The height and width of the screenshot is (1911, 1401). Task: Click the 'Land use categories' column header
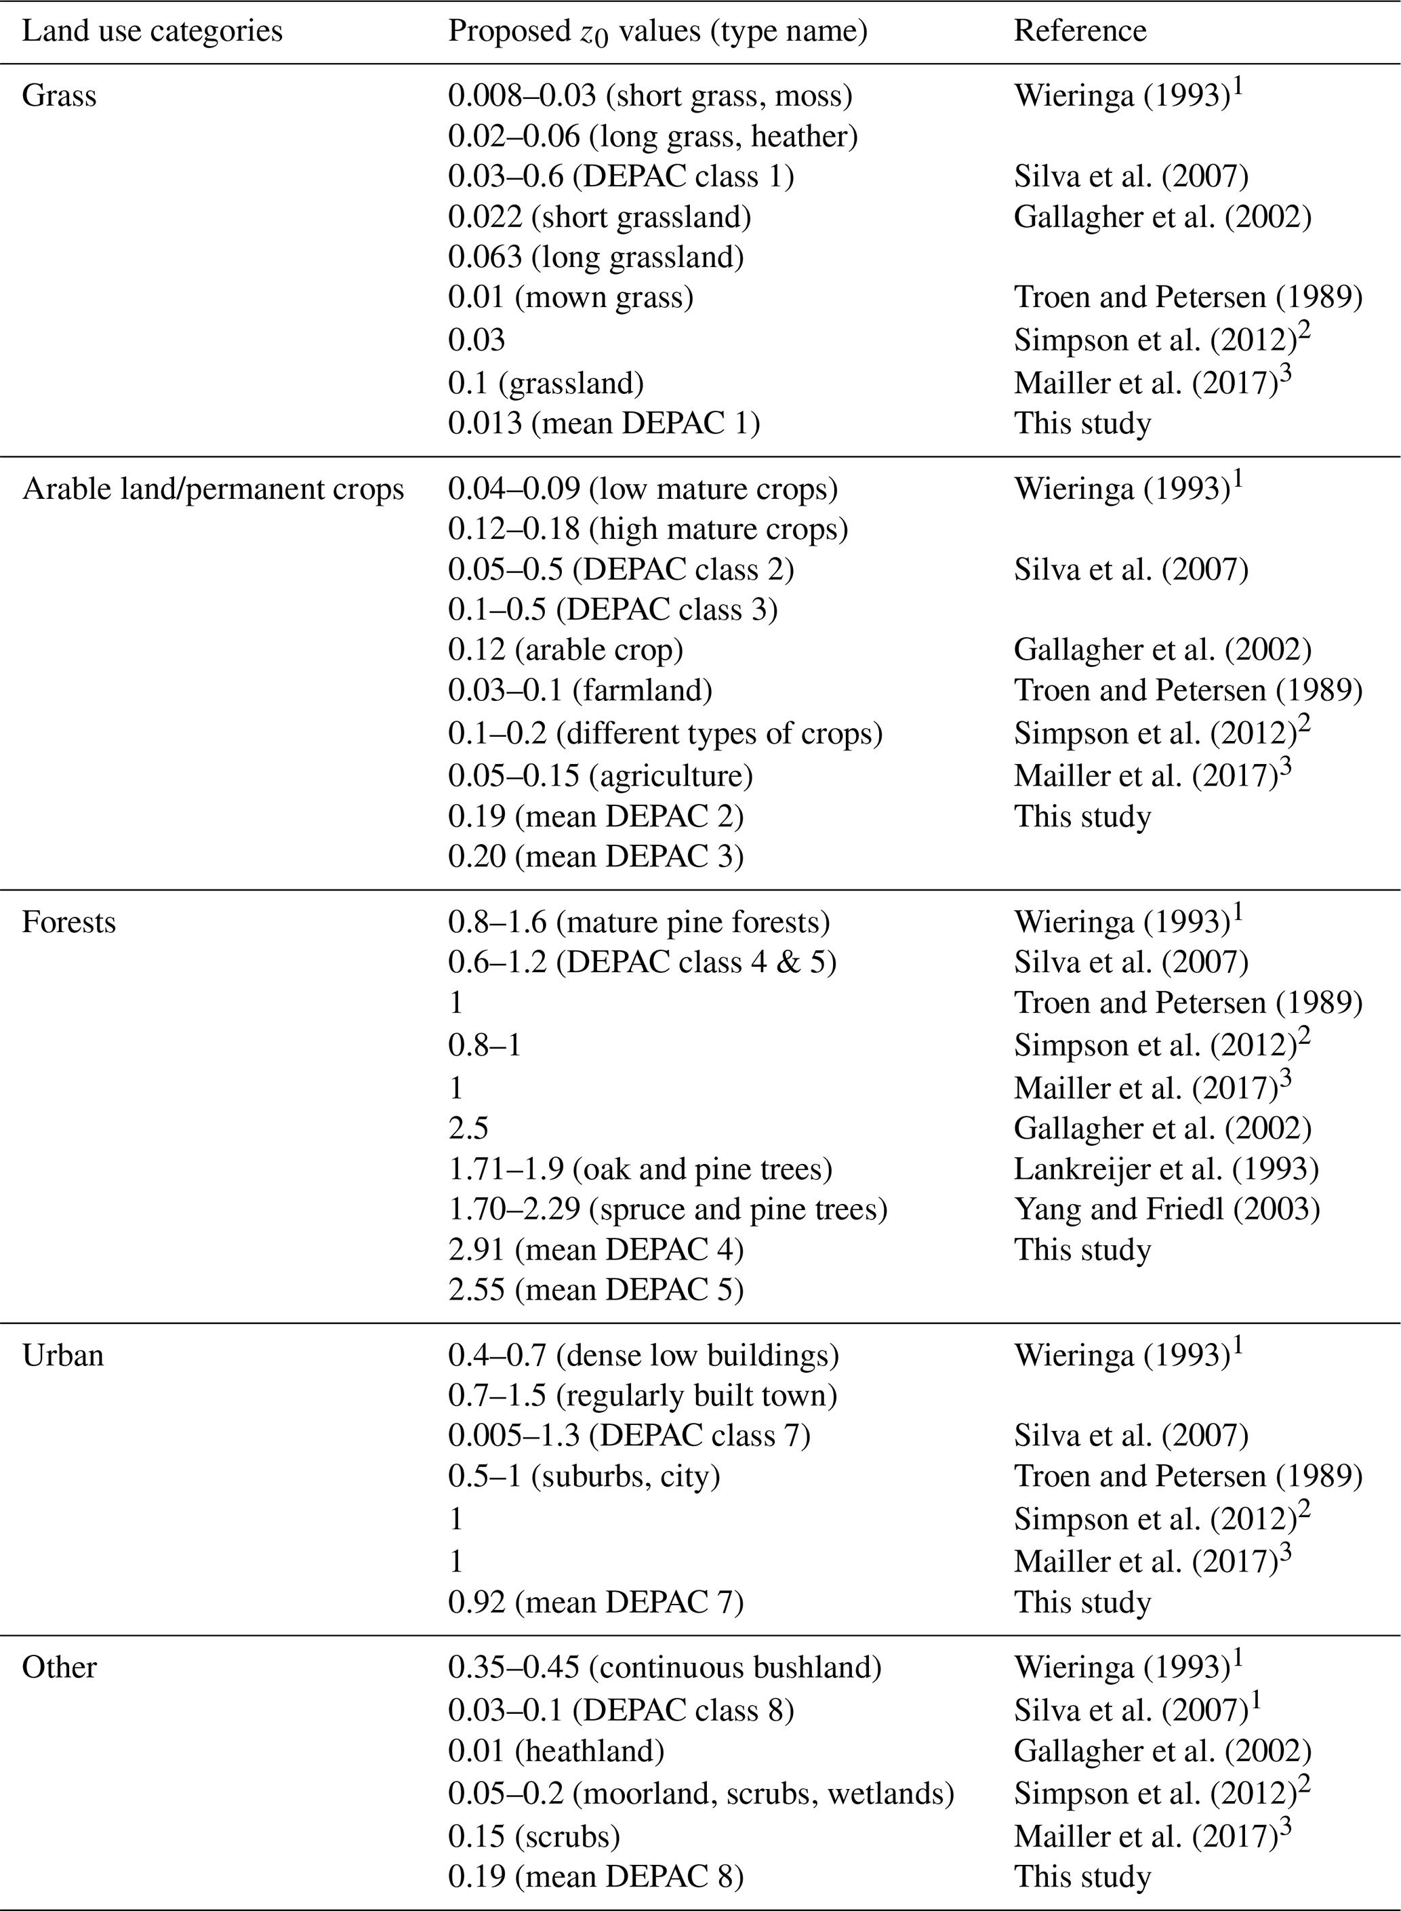click(x=152, y=31)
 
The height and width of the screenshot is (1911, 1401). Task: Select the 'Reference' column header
click(x=1080, y=31)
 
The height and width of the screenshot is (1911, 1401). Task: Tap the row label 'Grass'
click(x=60, y=96)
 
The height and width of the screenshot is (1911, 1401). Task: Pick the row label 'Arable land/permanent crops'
click(x=213, y=489)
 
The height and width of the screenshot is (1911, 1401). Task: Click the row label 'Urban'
click(x=63, y=1354)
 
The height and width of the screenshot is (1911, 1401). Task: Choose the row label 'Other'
click(x=60, y=1667)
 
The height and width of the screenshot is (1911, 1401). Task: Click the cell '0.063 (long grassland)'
click(x=595, y=257)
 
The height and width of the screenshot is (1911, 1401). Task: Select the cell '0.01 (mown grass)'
click(x=570, y=298)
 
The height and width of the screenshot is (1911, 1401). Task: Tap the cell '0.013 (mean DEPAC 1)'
click(x=603, y=423)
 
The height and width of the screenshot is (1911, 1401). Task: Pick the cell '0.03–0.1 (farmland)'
click(x=580, y=690)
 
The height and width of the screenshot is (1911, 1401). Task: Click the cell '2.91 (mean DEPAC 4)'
click(x=595, y=1249)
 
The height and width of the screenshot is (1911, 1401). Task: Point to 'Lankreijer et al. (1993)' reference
click(x=1166, y=1169)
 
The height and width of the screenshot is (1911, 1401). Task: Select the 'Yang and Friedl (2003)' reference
click(x=1167, y=1209)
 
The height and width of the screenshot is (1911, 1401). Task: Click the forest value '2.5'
click(x=468, y=1128)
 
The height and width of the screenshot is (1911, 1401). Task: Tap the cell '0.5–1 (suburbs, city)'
click(x=584, y=1476)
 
